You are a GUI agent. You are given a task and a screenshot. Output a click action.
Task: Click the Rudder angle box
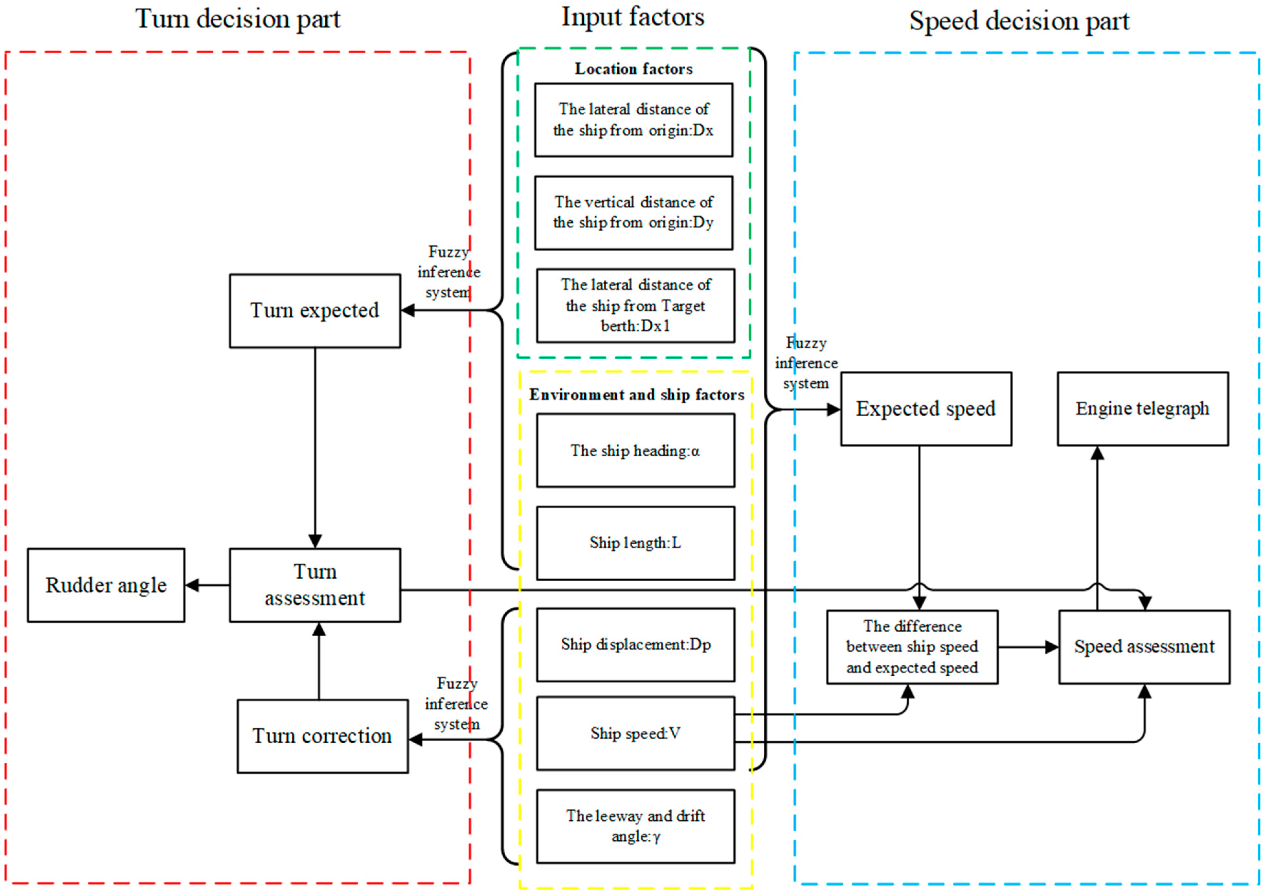106,585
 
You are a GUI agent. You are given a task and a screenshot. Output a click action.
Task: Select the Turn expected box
315,311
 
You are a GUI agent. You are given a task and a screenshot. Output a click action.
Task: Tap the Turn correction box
322,736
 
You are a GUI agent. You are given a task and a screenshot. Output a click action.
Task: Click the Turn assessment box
315,585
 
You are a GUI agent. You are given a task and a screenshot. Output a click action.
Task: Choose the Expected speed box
926,409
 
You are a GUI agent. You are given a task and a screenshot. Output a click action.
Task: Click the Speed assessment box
1144,647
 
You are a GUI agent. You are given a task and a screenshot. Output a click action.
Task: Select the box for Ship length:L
635,543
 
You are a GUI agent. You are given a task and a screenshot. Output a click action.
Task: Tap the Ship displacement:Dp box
635,645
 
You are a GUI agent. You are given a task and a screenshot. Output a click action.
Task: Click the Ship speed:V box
635,734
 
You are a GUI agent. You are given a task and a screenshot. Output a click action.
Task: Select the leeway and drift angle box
635,826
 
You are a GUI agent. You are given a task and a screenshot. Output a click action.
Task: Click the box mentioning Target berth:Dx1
635,306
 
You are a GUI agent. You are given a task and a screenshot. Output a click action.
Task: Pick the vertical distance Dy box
634,213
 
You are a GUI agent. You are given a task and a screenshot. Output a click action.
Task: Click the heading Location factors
634,69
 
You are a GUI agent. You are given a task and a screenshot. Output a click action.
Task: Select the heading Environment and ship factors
636,395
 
